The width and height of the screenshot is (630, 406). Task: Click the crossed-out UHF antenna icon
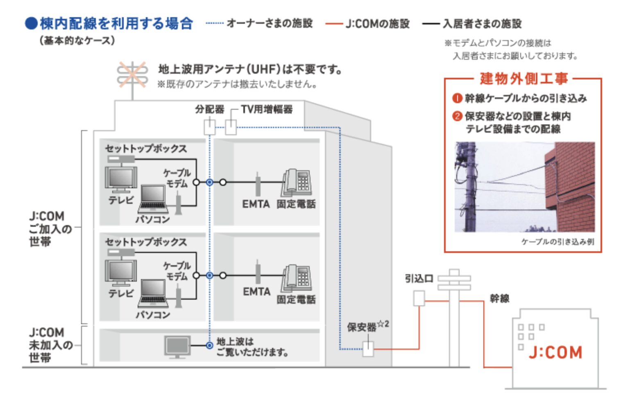(132, 75)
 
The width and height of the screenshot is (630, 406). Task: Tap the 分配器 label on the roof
(209, 109)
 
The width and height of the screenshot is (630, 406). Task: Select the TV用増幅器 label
(267, 109)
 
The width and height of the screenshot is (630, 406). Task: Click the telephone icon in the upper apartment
(297, 183)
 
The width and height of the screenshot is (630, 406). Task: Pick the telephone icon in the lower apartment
(297, 278)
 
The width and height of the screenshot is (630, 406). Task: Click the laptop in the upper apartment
(153, 200)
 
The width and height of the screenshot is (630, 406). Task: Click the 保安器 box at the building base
(368, 349)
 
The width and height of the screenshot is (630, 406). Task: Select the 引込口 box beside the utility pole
(419, 298)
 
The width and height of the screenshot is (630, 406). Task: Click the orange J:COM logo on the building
(555, 352)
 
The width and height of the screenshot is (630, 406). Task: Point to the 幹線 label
(499, 298)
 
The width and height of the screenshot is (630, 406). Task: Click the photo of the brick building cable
(524, 187)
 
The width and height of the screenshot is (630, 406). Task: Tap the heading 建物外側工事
(523, 79)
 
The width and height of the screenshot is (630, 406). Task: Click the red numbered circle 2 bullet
(457, 116)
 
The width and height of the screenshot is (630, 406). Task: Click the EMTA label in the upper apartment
(256, 204)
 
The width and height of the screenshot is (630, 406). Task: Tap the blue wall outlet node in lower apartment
(209, 275)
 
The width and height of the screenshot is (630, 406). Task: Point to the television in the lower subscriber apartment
(121, 273)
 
